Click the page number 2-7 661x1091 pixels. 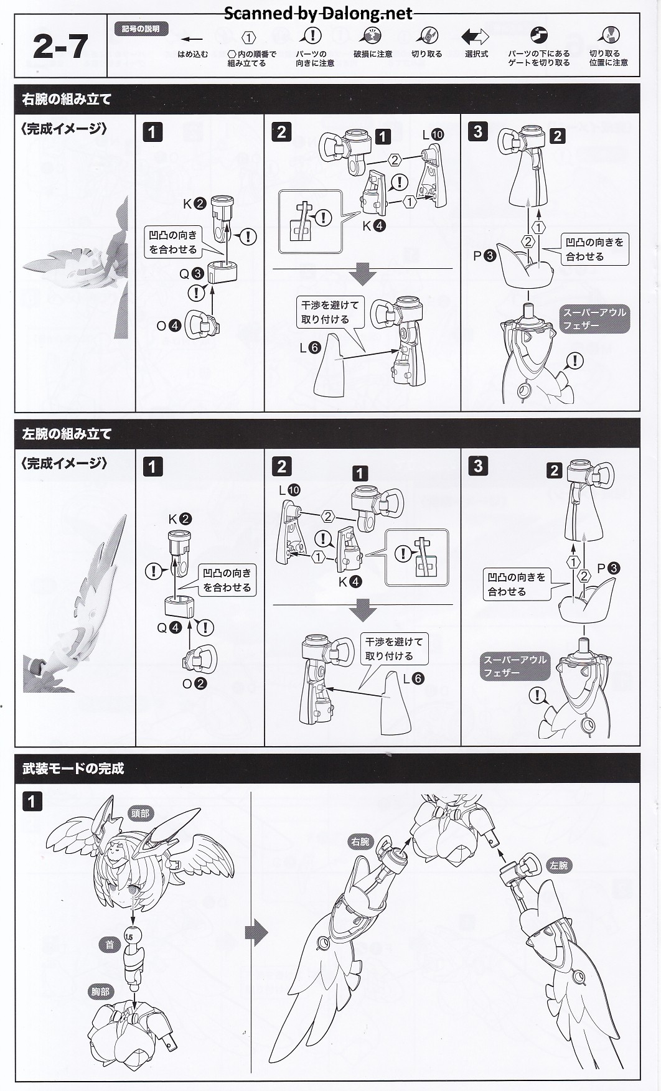point(60,47)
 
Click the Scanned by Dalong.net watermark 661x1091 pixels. point(317,13)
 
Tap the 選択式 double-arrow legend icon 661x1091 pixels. point(476,37)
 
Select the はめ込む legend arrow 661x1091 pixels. point(193,39)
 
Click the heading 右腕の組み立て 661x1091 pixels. point(67,99)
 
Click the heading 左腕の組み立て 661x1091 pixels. point(67,434)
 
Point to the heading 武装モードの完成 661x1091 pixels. point(73,769)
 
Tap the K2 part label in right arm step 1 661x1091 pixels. point(194,204)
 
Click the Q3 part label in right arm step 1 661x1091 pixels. point(191,274)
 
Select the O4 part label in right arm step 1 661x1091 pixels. point(168,325)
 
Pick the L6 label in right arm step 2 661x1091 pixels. point(310,347)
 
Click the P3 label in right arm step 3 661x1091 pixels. point(484,255)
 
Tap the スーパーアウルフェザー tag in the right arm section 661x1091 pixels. point(594,319)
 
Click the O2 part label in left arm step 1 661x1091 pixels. point(194,683)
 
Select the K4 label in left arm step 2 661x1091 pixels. point(350,582)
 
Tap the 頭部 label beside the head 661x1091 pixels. point(140,813)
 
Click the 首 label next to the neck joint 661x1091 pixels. point(110,945)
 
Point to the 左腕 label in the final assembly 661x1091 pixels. point(558,866)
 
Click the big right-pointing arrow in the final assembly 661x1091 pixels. point(257,932)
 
